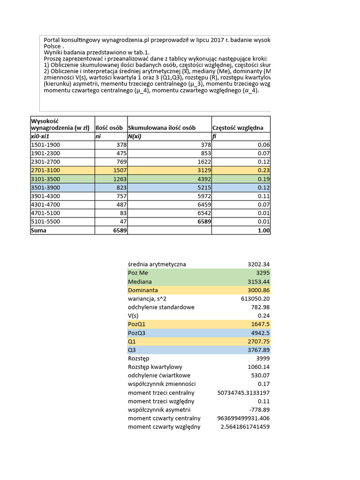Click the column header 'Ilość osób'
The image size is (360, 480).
(x=109, y=128)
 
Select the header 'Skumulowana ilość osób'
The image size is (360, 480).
(x=162, y=128)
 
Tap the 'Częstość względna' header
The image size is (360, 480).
(x=238, y=128)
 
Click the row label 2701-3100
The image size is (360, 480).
(x=45, y=171)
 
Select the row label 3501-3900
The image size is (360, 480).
(x=45, y=187)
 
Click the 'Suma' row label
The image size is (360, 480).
(x=39, y=231)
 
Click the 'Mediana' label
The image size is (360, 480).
(x=140, y=281)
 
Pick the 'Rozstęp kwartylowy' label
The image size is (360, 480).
(x=155, y=367)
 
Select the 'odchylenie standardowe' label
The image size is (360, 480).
(x=161, y=307)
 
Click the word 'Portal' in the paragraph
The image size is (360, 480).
(x=53, y=40)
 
